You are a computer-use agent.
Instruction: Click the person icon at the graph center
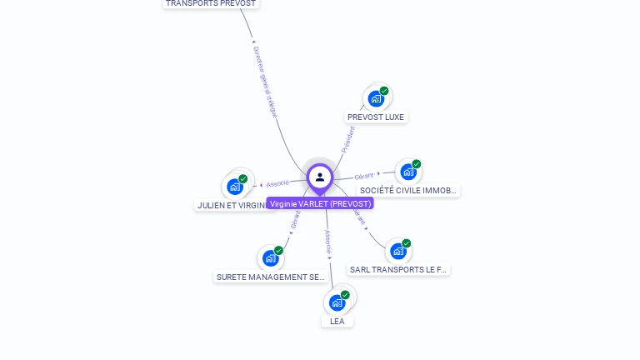(x=320, y=177)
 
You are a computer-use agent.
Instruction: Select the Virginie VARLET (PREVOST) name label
(x=320, y=203)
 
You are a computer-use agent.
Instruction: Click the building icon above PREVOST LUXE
(x=376, y=99)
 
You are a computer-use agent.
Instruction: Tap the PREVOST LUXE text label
(x=376, y=117)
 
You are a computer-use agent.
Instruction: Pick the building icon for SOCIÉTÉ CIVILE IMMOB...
(x=407, y=172)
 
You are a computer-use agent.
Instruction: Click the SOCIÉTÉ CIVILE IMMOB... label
(x=408, y=191)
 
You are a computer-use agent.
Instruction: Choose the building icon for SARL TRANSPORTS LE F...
(x=397, y=251)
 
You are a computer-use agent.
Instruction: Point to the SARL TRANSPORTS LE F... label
(x=398, y=270)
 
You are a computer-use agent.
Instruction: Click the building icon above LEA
(x=337, y=302)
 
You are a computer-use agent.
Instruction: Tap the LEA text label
(x=337, y=321)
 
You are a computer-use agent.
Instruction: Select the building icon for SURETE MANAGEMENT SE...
(x=270, y=258)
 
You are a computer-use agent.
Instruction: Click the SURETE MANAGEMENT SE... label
(x=271, y=277)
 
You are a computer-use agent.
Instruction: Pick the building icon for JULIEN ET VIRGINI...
(x=235, y=187)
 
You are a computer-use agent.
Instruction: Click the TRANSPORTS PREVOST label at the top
(x=211, y=3)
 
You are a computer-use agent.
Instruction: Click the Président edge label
(x=347, y=138)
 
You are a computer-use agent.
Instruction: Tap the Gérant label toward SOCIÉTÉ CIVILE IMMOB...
(x=364, y=176)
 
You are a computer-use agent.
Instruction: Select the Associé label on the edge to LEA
(x=328, y=242)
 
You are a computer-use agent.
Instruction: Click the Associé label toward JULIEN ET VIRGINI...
(x=277, y=183)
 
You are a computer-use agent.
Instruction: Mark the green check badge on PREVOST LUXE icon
(x=384, y=91)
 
